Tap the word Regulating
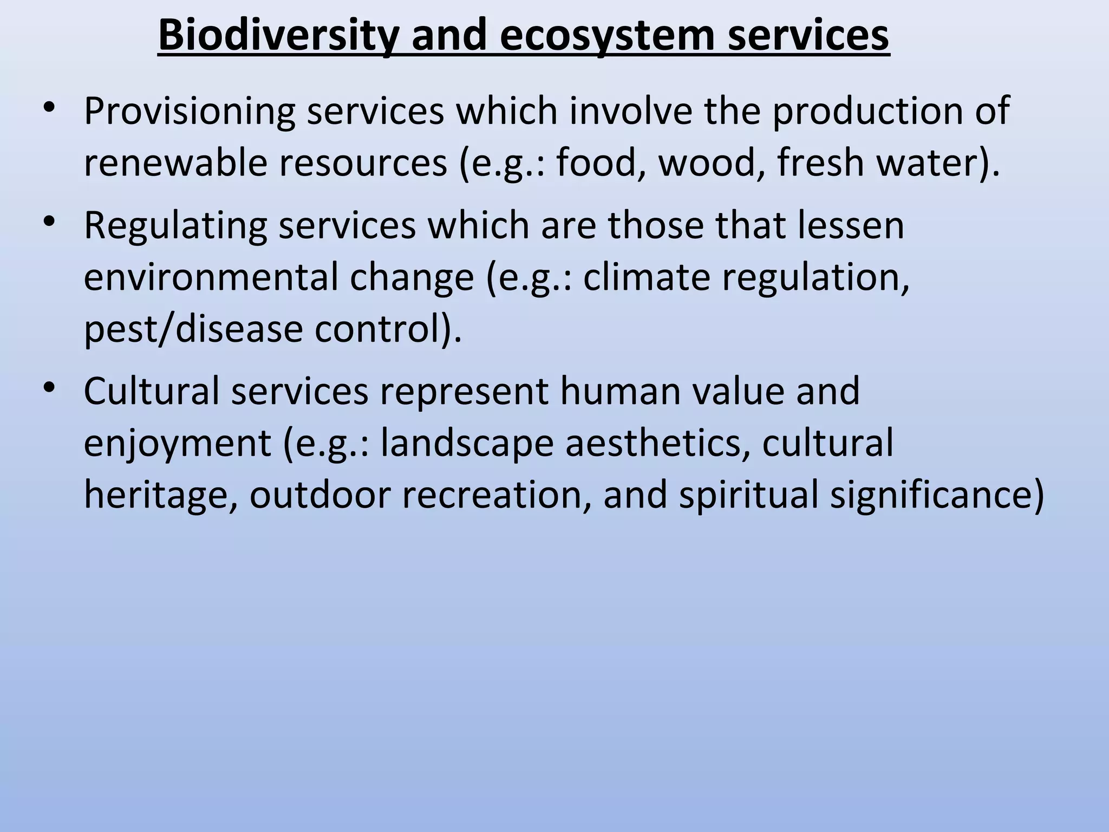[x=175, y=226]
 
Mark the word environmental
[x=211, y=277]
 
